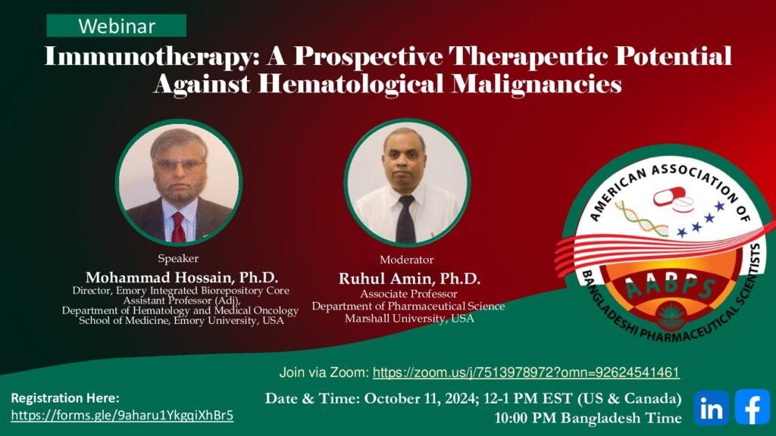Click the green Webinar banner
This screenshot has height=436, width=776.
[116, 26]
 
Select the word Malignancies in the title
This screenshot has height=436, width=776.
[537, 84]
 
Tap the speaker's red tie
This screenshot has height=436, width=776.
[178, 227]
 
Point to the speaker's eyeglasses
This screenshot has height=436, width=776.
[179, 164]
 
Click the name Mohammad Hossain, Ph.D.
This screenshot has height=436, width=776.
[182, 277]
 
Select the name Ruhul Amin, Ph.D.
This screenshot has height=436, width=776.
[409, 279]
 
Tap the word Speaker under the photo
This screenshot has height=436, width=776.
[178, 259]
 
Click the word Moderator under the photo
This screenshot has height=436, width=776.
[407, 260]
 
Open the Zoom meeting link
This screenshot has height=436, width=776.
[526, 372]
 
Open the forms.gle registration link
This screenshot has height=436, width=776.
[122, 416]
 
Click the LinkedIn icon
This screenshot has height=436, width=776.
[711, 408]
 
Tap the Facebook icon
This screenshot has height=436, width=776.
[753, 406]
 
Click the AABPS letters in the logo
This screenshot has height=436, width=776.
[670, 288]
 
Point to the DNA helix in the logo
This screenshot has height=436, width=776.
[641, 218]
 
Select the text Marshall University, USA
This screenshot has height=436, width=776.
[409, 319]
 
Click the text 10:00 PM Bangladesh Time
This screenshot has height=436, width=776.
[588, 418]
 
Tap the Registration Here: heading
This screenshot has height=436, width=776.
[65, 398]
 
